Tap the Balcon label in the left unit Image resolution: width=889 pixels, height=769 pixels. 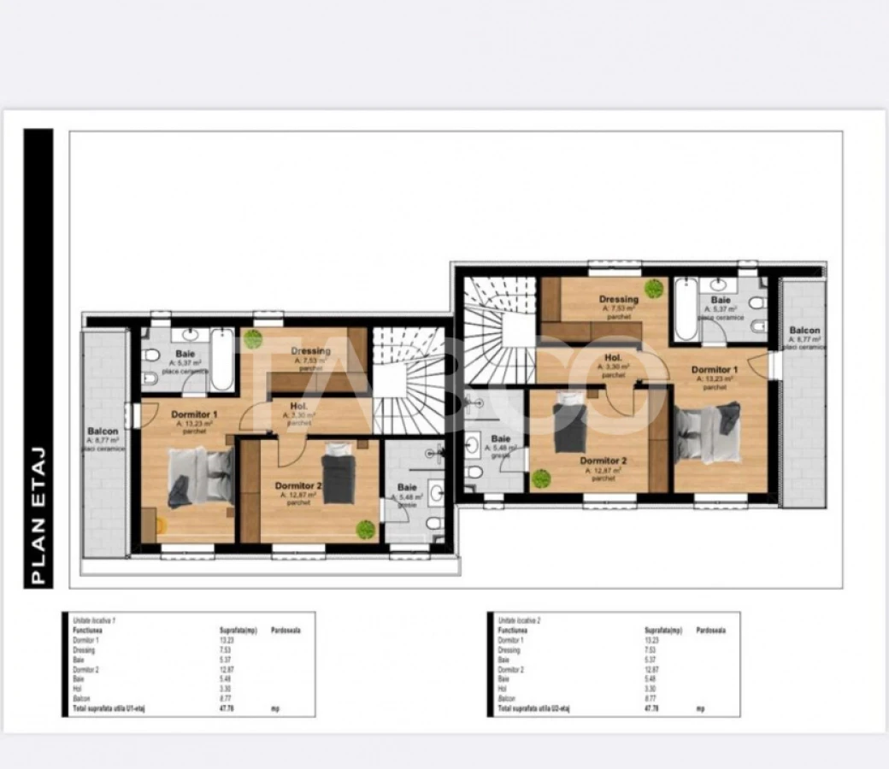pos(103,431)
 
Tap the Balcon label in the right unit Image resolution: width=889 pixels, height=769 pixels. pos(804,331)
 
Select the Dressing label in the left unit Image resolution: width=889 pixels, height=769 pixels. pos(310,351)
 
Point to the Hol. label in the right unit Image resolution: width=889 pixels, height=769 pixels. pos(613,359)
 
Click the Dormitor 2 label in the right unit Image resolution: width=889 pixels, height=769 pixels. pos(603,461)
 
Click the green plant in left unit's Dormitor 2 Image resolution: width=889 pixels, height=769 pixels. pos(366,529)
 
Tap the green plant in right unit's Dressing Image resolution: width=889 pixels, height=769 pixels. pos(655,288)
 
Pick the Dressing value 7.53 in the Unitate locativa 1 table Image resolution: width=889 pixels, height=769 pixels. pos(227,650)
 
